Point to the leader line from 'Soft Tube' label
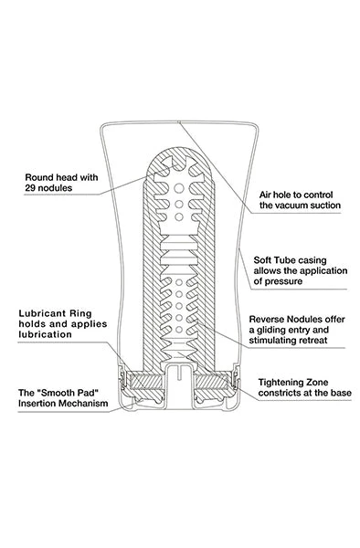click(x=243, y=260)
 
